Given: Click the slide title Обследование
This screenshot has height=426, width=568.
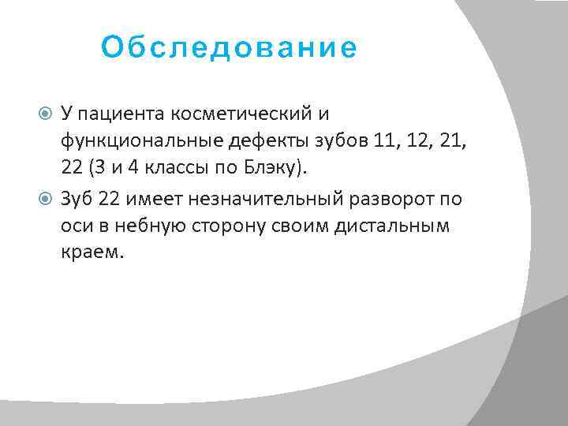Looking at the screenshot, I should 229,49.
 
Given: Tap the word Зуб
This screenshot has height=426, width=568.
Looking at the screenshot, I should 77,199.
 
